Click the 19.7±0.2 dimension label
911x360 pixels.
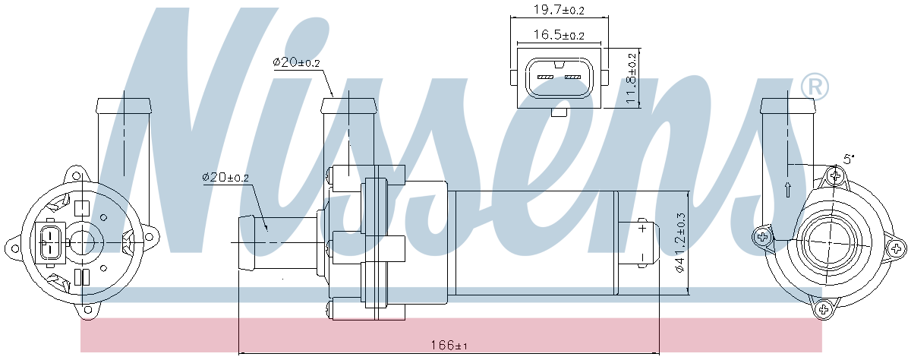pos(559,10)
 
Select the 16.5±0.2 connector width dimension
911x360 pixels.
pos(559,35)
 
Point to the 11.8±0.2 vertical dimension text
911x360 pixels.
pos(631,78)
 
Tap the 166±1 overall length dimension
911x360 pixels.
pos(449,346)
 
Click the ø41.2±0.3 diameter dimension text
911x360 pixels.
pos(680,243)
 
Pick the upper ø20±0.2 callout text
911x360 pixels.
pos(297,62)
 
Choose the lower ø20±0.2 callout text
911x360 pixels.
pos(225,178)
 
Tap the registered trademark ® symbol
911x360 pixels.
pos(815,87)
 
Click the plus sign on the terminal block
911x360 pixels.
pos(642,228)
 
